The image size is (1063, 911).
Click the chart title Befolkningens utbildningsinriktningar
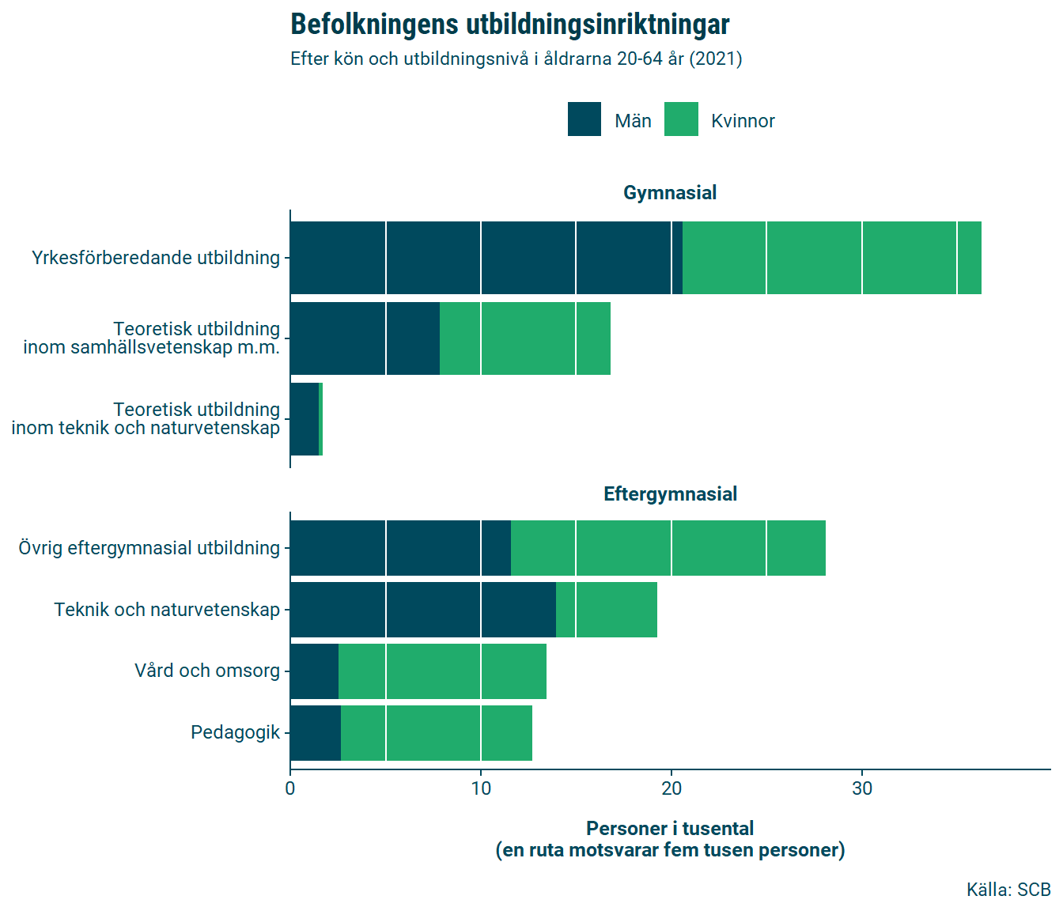click(509, 25)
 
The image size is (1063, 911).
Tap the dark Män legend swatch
click(584, 119)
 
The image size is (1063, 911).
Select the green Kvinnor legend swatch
click(681, 119)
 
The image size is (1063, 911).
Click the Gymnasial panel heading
click(670, 192)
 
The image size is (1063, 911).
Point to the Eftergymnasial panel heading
click(670, 494)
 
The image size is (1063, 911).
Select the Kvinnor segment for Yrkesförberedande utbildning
click(831, 258)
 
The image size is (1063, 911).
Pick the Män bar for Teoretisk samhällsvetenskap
click(365, 338)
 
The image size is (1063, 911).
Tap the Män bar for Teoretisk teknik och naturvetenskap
click(305, 419)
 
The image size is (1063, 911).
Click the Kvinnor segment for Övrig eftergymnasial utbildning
click(668, 548)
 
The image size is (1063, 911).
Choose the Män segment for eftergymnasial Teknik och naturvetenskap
click(422, 610)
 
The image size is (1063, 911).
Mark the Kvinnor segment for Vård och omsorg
click(442, 671)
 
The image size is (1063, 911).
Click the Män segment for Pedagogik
click(316, 733)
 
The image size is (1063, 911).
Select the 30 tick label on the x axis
click(862, 788)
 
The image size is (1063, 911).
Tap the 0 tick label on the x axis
click(290, 788)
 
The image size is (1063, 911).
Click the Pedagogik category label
click(235, 732)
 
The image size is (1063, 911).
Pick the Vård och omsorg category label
click(206, 671)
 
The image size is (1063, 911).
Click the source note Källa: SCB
click(1008, 890)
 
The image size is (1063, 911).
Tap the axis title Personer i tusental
click(670, 829)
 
